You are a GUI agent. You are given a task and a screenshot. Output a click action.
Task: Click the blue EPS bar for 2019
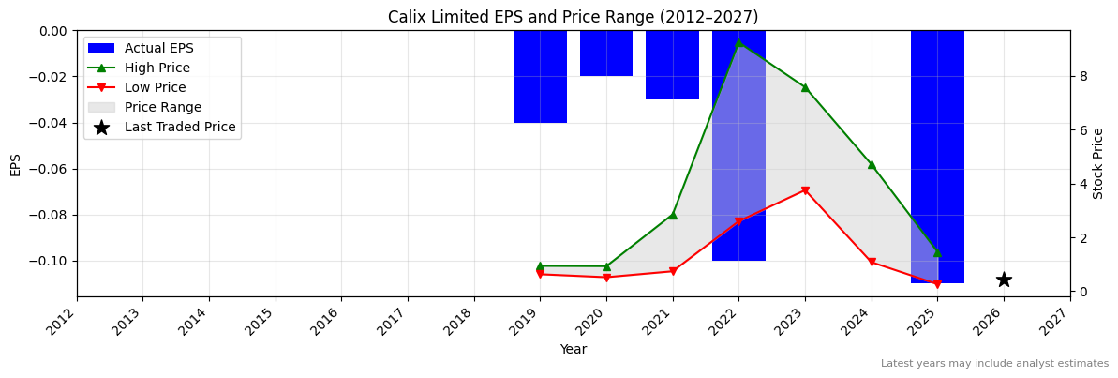(x=540, y=76)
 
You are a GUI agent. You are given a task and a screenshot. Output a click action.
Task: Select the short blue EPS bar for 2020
(x=606, y=53)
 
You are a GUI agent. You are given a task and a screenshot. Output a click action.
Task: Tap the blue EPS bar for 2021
(x=672, y=65)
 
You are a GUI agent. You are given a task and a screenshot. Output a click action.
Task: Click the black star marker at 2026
(x=1004, y=280)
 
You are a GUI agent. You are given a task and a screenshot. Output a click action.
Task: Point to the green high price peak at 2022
(x=738, y=42)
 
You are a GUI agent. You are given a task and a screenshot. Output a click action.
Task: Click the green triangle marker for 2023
(x=805, y=87)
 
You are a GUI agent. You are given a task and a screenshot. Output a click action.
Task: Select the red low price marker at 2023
(x=805, y=190)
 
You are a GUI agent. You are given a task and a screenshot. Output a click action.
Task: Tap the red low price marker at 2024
(x=872, y=262)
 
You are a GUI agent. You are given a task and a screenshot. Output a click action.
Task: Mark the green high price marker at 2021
(x=672, y=215)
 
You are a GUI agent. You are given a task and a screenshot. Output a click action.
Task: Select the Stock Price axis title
(x=1098, y=163)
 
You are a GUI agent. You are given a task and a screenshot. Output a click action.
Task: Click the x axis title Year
(x=573, y=350)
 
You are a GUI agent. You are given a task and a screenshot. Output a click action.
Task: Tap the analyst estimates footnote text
(x=994, y=364)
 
